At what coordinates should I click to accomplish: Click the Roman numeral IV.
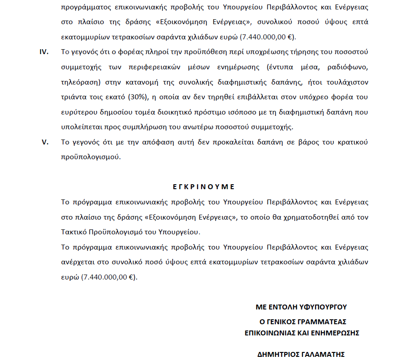point(44,52)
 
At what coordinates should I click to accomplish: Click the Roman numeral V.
point(45,142)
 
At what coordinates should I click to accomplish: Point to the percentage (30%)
point(137,97)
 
